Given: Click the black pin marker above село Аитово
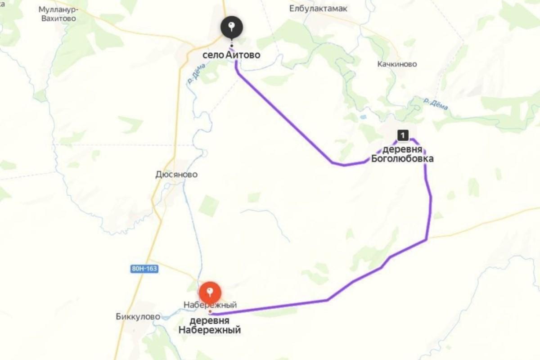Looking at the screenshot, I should (231, 28).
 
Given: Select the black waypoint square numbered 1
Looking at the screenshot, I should (403, 135).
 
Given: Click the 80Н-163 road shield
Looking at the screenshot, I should (144, 269).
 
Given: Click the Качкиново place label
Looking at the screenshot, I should (397, 64).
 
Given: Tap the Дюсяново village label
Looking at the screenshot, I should (176, 174).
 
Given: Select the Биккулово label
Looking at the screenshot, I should (138, 316).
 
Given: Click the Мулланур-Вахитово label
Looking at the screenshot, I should (57, 14).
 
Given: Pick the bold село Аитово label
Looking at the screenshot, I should (231, 55).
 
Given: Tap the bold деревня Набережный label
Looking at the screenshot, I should (210, 325).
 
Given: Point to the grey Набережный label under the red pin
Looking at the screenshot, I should (210, 305).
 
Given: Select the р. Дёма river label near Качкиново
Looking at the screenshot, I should (436, 104).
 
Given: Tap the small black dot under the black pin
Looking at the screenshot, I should (231, 45).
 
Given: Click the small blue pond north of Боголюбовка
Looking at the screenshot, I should (363, 117).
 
